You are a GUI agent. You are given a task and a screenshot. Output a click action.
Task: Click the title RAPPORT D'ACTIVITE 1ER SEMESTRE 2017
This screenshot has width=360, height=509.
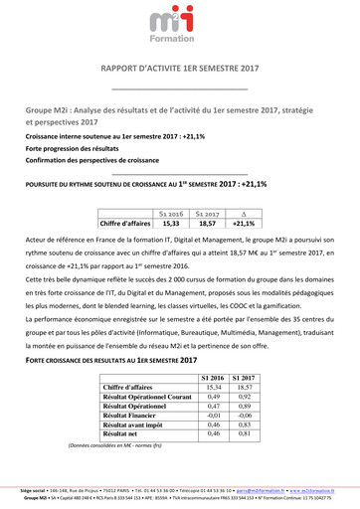(180, 69)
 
